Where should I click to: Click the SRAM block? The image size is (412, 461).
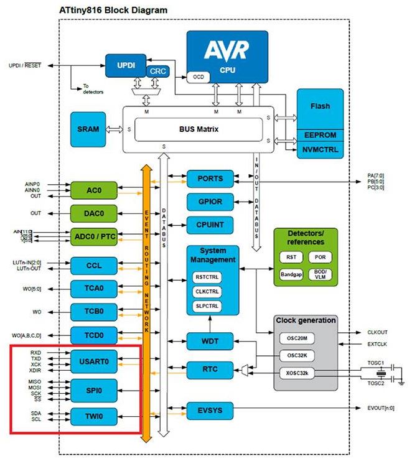(x=88, y=129)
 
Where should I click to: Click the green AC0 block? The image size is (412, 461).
(x=93, y=190)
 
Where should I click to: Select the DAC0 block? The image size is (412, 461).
(x=93, y=213)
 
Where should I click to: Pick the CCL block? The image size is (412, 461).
(x=93, y=266)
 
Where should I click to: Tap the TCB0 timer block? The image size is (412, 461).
(x=93, y=311)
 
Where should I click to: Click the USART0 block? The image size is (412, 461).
(x=93, y=361)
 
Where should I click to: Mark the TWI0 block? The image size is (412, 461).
(x=93, y=415)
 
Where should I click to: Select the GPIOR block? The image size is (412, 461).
(x=210, y=202)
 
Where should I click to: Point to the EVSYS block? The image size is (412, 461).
(x=210, y=411)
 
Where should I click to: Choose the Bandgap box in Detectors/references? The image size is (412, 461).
(x=291, y=273)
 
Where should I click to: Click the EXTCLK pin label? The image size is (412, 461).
(x=378, y=344)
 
